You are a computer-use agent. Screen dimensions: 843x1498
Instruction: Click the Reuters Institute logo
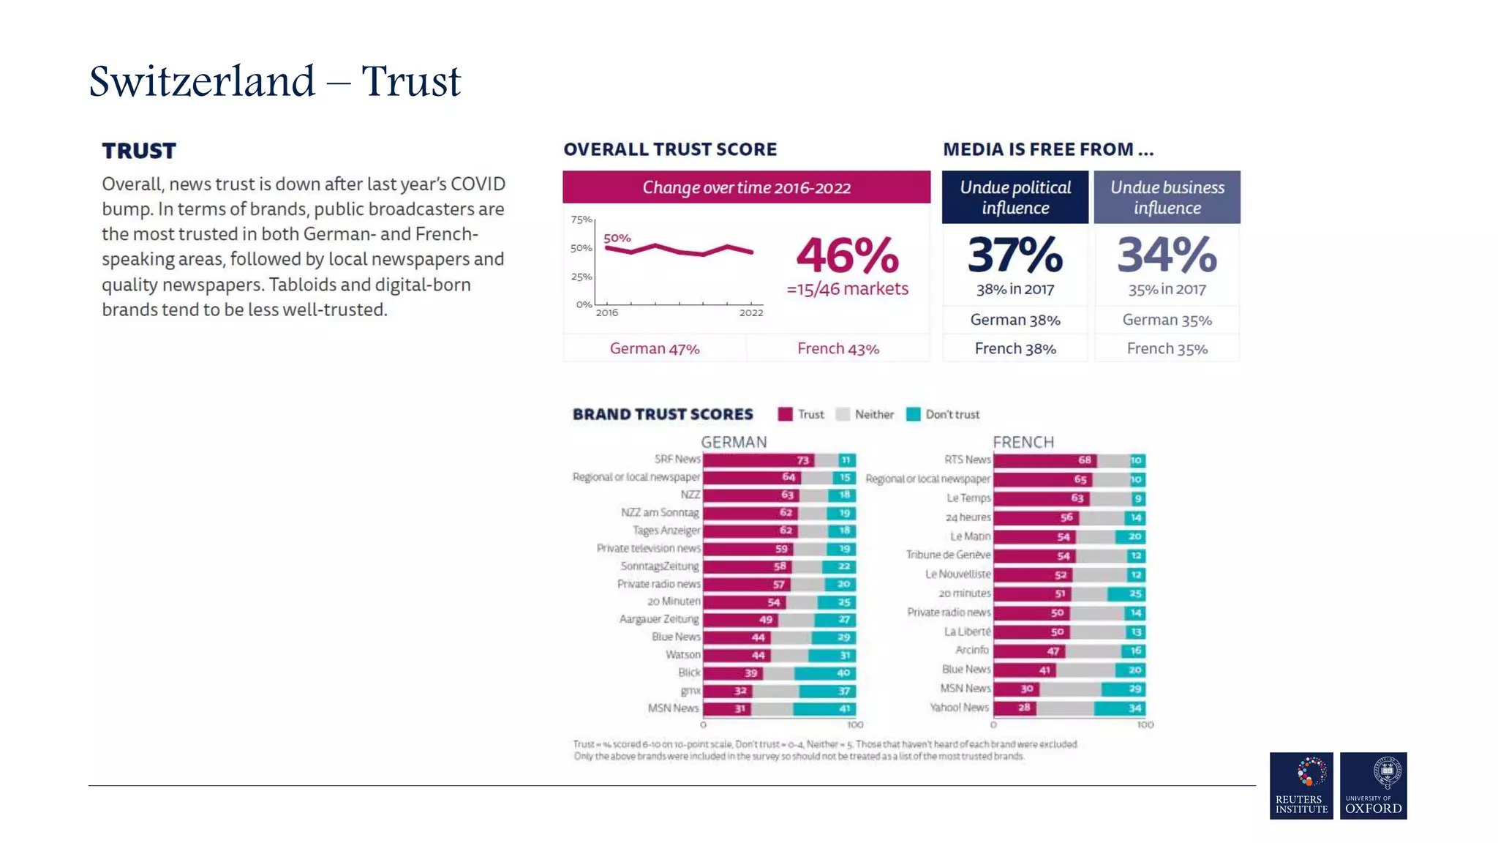tap(1301, 785)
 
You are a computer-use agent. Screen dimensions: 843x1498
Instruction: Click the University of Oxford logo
tap(1373, 785)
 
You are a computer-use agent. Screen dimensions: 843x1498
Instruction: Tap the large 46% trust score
tap(847, 255)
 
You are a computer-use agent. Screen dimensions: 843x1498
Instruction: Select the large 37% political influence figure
tap(1015, 255)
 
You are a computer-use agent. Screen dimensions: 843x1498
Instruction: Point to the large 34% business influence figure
tap(1167, 255)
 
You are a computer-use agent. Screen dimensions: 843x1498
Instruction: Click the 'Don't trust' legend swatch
tap(913, 414)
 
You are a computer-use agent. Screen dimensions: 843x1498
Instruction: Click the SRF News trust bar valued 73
tap(759, 460)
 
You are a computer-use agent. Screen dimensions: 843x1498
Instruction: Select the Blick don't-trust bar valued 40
tap(824, 672)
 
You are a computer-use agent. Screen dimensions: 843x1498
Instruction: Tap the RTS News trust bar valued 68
tap(1045, 460)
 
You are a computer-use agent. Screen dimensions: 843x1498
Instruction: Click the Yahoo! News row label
tap(959, 707)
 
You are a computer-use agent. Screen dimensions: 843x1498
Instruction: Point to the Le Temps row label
tap(968, 498)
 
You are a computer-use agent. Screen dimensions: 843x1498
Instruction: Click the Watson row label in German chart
tap(682, 654)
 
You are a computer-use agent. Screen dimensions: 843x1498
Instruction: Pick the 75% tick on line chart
tap(581, 220)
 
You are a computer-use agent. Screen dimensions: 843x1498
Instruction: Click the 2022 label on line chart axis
tap(750, 312)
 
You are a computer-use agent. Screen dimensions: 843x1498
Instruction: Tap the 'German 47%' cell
tap(655, 348)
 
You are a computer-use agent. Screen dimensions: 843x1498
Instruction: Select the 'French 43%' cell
tap(838, 348)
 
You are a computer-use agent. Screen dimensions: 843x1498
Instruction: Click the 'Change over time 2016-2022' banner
tap(746, 187)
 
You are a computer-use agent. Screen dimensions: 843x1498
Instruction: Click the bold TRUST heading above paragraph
tap(139, 151)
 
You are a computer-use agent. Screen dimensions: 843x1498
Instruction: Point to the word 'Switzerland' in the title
tap(202, 81)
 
